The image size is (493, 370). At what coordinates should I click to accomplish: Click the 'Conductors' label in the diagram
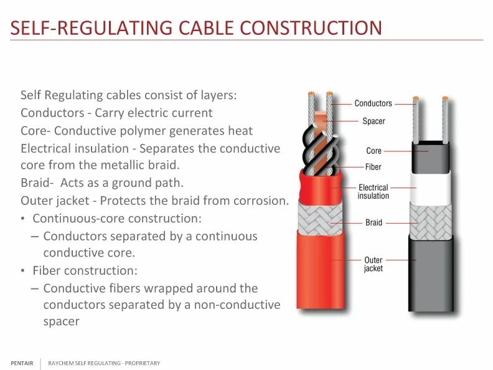(373, 103)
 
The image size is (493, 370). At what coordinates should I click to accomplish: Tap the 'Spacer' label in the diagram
(373, 121)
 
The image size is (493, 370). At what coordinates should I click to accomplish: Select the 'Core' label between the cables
(373, 151)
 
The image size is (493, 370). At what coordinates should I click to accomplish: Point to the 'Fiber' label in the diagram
(373, 167)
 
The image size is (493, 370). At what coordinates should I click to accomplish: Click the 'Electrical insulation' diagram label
(373, 191)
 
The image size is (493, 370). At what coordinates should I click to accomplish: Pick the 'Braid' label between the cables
(373, 222)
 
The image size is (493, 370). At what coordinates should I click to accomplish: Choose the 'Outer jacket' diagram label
(373, 264)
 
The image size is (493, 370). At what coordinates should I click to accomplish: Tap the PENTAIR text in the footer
(22, 363)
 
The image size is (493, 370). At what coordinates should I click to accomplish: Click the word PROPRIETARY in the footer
(143, 363)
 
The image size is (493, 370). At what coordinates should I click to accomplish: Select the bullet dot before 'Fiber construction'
(23, 272)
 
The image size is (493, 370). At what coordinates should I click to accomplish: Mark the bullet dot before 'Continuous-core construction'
(23, 219)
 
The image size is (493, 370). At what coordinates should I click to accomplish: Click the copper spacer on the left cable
(320, 117)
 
